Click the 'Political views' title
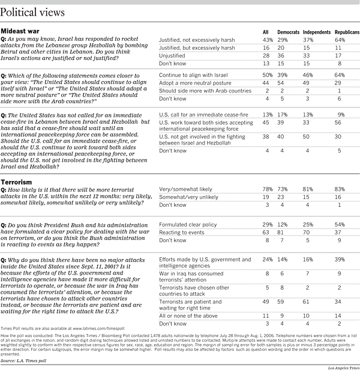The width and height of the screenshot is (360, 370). click(x=32, y=12)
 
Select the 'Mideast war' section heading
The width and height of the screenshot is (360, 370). click(x=20, y=31)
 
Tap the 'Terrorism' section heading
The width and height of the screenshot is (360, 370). click(x=16, y=182)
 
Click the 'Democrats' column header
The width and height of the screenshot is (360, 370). click(x=288, y=32)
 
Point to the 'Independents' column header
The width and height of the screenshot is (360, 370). click(x=317, y=32)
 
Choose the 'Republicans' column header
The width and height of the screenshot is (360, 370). click(x=347, y=32)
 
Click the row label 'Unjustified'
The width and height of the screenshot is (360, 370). click(x=172, y=56)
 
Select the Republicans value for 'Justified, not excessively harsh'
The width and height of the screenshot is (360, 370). click(x=340, y=40)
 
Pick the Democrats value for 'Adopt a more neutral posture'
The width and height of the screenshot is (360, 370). click(x=280, y=83)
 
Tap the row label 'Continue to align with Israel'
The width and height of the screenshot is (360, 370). click(x=193, y=76)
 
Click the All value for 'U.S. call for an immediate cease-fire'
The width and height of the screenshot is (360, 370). click(x=268, y=115)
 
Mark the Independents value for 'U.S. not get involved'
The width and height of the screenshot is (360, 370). click(x=306, y=137)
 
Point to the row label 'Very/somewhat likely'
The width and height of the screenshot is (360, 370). click(x=185, y=189)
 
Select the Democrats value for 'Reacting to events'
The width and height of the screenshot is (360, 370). click(x=280, y=233)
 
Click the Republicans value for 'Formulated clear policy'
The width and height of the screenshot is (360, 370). click(x=340, y=225)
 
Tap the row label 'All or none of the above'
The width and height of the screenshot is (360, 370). click(x=188, y=316)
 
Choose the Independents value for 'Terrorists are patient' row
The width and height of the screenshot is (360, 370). click(x=306, y=302)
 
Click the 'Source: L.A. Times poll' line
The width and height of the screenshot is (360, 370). click(x=23, y=361)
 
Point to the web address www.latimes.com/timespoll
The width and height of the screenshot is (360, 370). click(x=99, y=329)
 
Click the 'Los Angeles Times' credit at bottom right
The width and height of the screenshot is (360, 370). click(x=344, y=368)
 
